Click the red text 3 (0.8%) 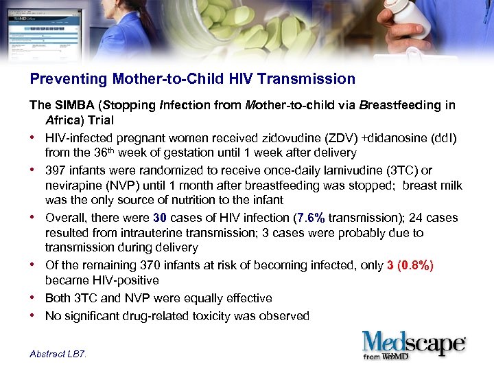(410, 265)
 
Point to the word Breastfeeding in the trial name (407, 106)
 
